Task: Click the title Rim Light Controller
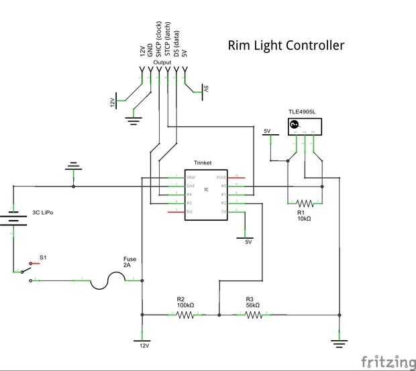point(287,46)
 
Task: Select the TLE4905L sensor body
point(305,125)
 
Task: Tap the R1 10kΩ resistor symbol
point(305,202)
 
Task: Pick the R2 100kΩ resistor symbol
point(185,313)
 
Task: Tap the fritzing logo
point(388,362)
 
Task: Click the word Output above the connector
point(162,62)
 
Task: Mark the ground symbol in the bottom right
point(340,344)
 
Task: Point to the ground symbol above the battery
point(73,167)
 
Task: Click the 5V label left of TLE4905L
point(267,131)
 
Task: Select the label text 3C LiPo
point(43,213)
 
